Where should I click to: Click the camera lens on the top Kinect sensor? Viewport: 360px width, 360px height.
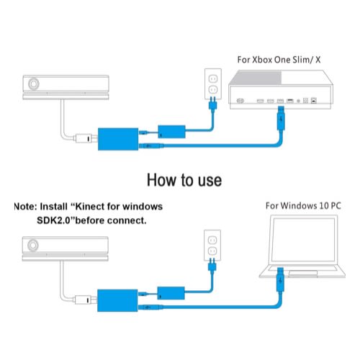pos(34,84)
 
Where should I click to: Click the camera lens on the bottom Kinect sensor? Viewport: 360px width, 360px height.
pos(33,246)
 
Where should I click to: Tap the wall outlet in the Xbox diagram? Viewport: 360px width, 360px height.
pos(213,84)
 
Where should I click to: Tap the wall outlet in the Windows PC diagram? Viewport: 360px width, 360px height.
pos(212,245)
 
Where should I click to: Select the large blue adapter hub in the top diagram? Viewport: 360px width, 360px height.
pos(118,139)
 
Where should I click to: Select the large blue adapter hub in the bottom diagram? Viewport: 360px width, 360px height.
pos(117,300)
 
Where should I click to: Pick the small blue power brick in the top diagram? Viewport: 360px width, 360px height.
pos(171,132)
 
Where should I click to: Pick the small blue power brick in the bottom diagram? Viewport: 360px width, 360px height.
pos(171,293)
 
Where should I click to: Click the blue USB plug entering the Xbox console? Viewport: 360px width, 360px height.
pos(281,118)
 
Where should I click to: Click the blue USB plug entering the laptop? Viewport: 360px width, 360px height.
pos(280,279)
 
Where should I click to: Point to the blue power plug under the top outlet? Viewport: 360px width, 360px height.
pos(213,103)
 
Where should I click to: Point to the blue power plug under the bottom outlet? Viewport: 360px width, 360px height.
pos(212,264)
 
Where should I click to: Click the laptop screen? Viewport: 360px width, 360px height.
pos(304,240)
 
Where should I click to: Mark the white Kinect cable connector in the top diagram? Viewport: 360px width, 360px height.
pos(84,138)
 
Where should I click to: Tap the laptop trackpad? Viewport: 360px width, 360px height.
pos(303,273)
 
